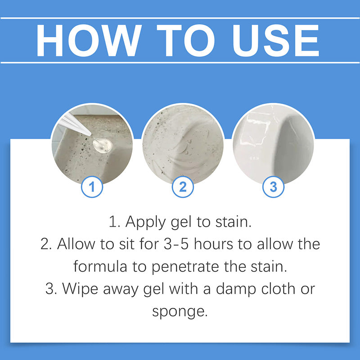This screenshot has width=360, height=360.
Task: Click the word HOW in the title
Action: click(89, 40)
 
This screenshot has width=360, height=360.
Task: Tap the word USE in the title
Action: click(276, 40)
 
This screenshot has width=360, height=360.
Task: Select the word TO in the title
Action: click(185, 40)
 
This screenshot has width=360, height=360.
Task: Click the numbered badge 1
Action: click(92, 187)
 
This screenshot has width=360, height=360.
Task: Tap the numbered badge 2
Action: click(183, 187)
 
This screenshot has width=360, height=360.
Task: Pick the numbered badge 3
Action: click(273, 187)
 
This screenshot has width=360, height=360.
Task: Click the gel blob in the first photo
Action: click(103, 145)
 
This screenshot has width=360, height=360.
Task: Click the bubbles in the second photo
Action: click(188, 147)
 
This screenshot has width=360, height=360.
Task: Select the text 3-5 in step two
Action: click(176, 244)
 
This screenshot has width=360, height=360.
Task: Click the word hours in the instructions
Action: click(213, 244)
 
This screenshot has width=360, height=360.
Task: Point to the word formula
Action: click(100, 266)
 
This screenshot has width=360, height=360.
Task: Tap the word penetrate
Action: click(185, 267)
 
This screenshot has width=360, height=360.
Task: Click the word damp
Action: click(236, 289)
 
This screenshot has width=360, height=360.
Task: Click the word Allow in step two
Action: click(76, 243)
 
